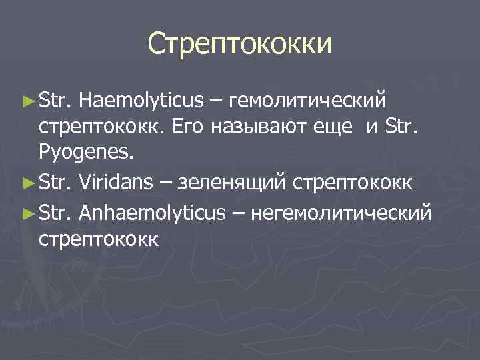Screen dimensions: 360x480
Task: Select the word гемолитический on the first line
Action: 307,101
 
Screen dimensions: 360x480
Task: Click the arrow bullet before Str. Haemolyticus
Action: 27,101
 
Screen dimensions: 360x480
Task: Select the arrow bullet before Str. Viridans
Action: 27,179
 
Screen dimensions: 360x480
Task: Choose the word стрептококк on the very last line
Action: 98,239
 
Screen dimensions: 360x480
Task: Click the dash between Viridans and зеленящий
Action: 171,179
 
